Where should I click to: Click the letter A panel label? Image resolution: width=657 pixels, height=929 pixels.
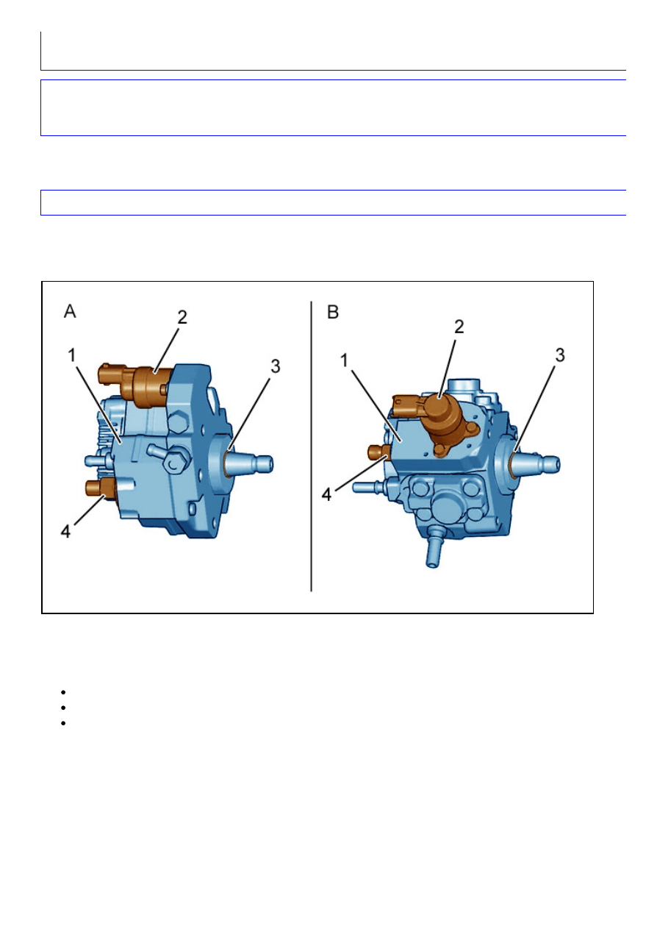[70, 311]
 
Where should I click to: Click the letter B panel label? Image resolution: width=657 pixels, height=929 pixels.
[333, 312]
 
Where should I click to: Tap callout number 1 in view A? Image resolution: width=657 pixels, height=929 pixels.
[72, 355]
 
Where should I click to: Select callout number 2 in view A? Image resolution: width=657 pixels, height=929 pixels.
[182, 317]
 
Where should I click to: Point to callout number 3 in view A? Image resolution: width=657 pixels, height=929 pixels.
[276, 366]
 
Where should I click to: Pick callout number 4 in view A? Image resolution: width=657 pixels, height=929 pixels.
[65, 531]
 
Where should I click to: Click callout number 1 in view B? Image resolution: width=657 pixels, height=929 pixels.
[344, 360]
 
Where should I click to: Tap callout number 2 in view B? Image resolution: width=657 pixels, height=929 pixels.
[459, 327]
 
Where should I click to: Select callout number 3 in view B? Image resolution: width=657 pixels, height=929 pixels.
[560, 355]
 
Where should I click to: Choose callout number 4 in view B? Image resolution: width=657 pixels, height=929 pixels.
[326, 495]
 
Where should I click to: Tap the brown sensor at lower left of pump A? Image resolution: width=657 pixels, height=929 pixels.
[101, 489]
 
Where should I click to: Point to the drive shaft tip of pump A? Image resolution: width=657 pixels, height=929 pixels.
[265, 463]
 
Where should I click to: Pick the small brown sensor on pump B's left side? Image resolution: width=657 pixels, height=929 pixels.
[378, 452]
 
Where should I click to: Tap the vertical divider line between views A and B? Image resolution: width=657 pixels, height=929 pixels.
[311, 446]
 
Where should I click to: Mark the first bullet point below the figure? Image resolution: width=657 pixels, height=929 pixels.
[63, 692]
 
